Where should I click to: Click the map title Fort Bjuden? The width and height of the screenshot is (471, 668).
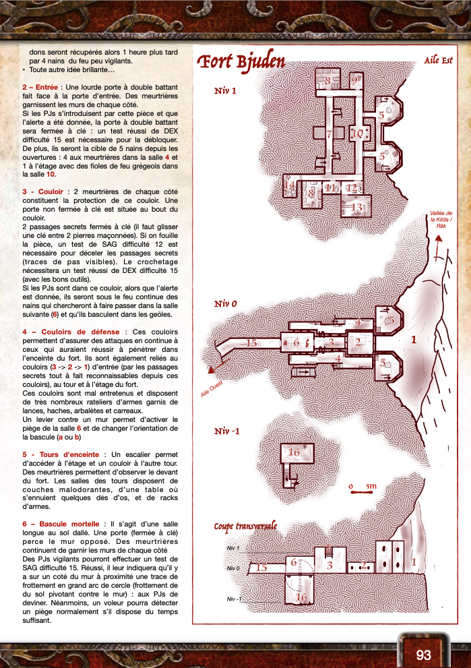(x=240, y=63)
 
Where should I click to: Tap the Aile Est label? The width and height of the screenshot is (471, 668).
(x=438, y=61)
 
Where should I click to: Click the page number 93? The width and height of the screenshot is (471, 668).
(x=423, y=655)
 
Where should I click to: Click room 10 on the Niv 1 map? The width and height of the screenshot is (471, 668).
(x=357, y=133)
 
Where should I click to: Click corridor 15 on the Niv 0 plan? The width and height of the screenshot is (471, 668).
(x=251, y=343)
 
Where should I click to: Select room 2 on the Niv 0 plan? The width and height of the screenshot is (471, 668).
(x=358, y=342)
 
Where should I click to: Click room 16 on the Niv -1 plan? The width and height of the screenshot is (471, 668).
(x=294, y=452)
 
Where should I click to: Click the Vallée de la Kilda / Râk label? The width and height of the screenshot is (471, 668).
(x=441, y=219)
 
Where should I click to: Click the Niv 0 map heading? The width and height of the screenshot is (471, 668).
(x=225, y=304)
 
